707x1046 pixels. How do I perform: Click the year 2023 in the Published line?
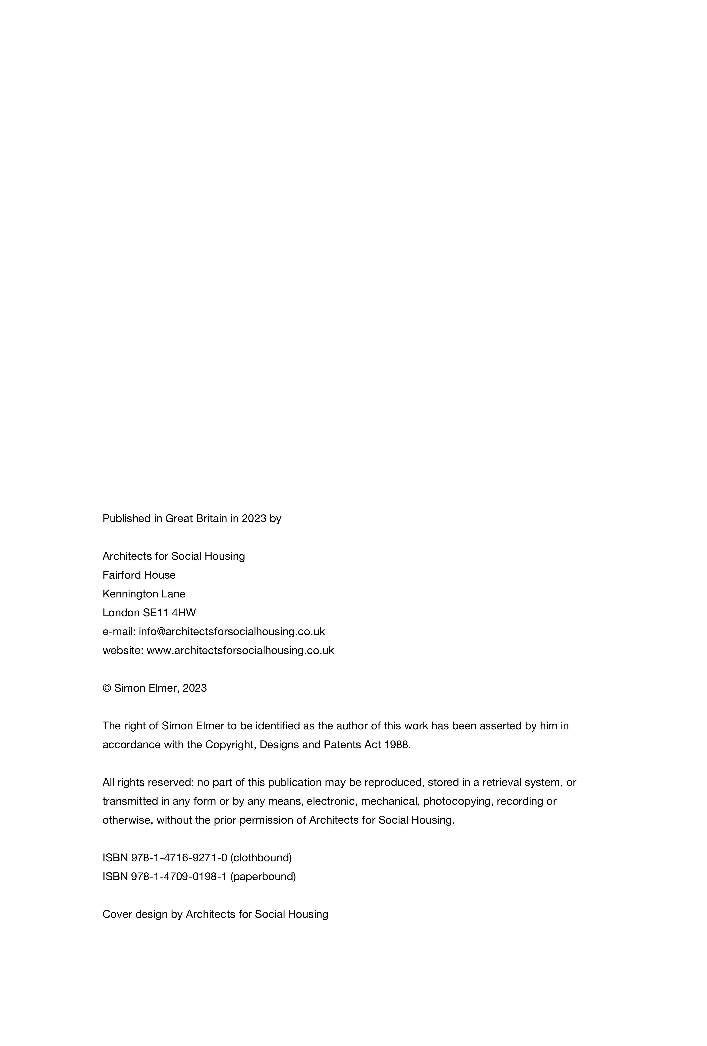pos(254,518)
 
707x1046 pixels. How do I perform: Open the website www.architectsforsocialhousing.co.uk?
pos(240,650)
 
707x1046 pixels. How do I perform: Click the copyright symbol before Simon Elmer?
pos(107,688)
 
